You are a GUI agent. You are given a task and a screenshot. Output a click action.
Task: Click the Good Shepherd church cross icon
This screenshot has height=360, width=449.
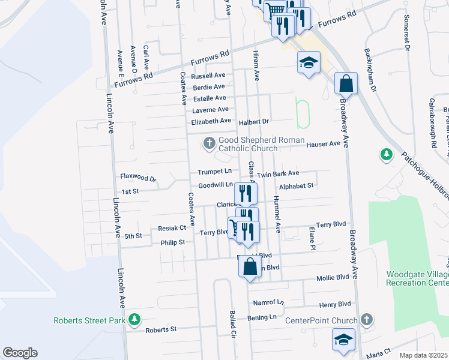click(209, 143)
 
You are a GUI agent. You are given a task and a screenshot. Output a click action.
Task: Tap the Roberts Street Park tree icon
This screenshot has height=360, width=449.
click(136, 320)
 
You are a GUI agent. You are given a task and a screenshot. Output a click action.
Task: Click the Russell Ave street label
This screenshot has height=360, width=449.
click(208, 76)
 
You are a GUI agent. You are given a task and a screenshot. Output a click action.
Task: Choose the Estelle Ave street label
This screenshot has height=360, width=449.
click(209, 98)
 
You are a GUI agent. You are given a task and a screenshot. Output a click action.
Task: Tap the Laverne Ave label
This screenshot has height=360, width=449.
click(210, 110)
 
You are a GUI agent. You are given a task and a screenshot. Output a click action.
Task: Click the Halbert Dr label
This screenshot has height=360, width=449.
click(256, 121)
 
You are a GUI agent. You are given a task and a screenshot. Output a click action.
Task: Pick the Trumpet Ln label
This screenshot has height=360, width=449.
click(215, 172)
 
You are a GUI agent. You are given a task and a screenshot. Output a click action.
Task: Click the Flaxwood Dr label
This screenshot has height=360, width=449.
click(138, 179)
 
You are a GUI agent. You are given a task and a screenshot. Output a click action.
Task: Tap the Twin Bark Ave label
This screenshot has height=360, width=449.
click(278, 174)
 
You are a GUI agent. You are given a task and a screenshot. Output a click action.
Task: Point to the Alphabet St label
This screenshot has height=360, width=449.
click(297, 186)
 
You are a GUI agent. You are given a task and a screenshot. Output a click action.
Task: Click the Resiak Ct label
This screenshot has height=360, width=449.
click(172, 228)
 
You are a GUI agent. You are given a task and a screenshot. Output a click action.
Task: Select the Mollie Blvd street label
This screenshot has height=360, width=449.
click(333, 279)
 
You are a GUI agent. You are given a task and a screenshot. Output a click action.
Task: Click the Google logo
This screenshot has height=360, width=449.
click(20, 353)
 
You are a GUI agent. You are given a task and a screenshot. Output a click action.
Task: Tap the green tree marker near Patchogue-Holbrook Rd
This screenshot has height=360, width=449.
click(387, 155)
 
